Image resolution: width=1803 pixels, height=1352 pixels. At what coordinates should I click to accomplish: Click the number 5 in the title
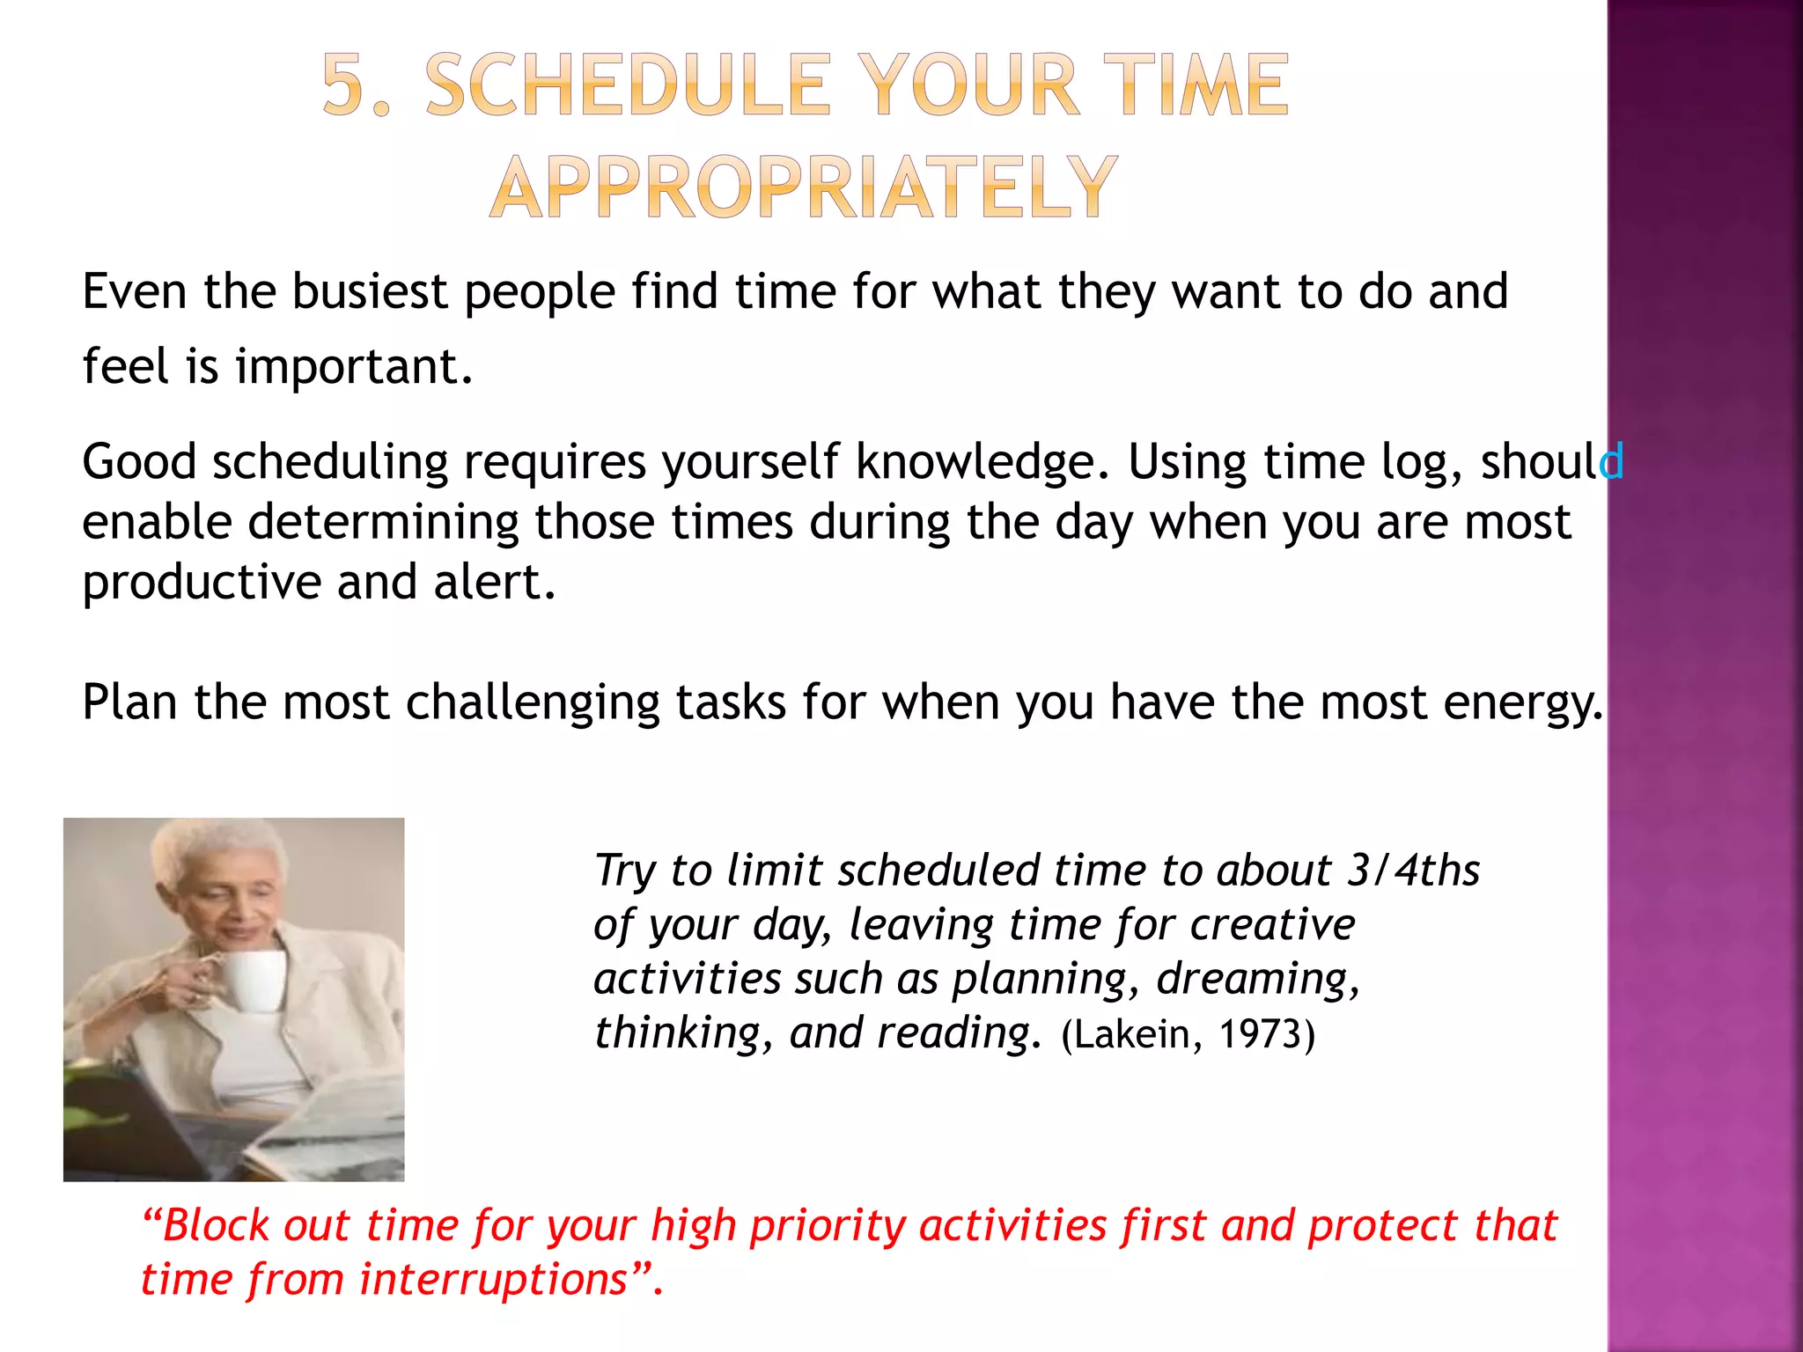(x=344, y=85)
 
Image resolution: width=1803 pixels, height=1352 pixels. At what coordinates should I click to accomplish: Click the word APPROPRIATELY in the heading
(x=804, y=187)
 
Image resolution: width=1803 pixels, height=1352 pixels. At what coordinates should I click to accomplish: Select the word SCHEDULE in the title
(x=628, y=85)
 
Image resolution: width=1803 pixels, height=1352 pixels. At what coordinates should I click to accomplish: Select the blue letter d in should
(x=1612, y=461)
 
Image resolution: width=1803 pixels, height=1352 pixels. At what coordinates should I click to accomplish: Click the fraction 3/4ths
(x=1414, y=870)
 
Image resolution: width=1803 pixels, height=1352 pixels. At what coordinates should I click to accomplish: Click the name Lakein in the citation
(x=1132, y=1034)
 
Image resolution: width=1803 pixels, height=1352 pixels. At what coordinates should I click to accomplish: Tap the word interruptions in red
(x=493, y=1280)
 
